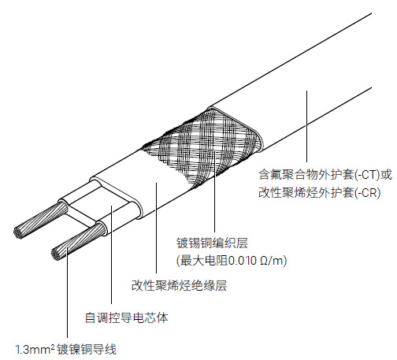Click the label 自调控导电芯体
point(127,317)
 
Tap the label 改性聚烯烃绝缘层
point(179,285)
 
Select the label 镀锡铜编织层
point(212,243)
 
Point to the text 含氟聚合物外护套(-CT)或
point(325,175)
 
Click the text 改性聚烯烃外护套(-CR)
point(320,193)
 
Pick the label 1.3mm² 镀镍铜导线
point(65,350)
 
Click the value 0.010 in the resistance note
point(243,261)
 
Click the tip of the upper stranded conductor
point(18,232)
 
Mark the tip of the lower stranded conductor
point(56,254)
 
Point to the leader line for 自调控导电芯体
point(111,254)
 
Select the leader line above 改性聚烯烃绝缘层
point(156,228)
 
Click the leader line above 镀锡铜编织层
point(214,191)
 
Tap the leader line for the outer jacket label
point(306,126)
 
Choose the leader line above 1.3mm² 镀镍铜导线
point(67,292)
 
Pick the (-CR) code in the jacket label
point(368,193)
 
